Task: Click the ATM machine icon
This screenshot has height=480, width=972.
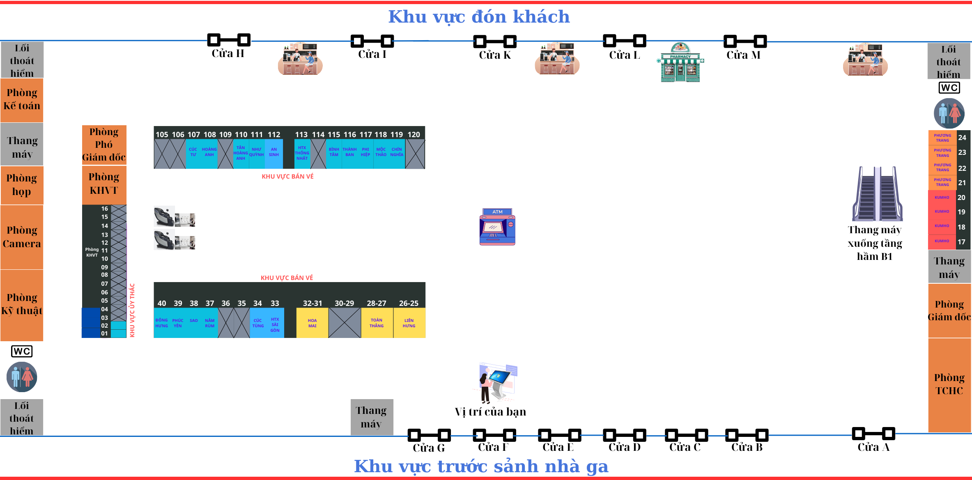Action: (x=497, y=227)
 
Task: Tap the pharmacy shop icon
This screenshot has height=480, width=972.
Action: (x=680, y=63)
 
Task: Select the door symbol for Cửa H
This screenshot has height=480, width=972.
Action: (x=229, y=40)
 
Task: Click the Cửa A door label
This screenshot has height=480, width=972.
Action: (x=873, y=447)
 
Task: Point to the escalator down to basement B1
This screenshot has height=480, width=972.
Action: (x=877, y=194)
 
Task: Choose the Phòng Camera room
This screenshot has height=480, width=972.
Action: (x=22, y=237)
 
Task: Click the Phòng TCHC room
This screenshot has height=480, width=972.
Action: (x=949, y=384)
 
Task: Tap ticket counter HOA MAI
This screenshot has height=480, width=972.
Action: (x=312, y=323)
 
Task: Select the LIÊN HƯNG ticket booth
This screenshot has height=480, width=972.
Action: (x=409, y=323)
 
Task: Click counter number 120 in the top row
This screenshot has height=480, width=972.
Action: (x=414, y=135)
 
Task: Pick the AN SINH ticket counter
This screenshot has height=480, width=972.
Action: (x=274, y=152)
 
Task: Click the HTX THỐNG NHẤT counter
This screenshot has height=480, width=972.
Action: (x=302, y=153)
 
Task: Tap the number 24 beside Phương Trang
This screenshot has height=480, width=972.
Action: (x=962, y=138)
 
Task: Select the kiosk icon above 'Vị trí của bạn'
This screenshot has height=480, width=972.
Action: (x=497, y=382)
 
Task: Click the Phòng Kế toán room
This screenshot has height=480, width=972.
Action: (x=22, y=100)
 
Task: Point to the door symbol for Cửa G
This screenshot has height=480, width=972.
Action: (x=429, y=434)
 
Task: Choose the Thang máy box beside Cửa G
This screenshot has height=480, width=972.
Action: (x=372, y=417)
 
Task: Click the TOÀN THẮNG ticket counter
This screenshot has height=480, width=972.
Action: (x=377, y=323)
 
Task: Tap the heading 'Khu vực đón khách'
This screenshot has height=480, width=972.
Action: (x=479, y=17)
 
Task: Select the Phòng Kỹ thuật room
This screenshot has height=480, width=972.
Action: (x=22, y=304)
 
